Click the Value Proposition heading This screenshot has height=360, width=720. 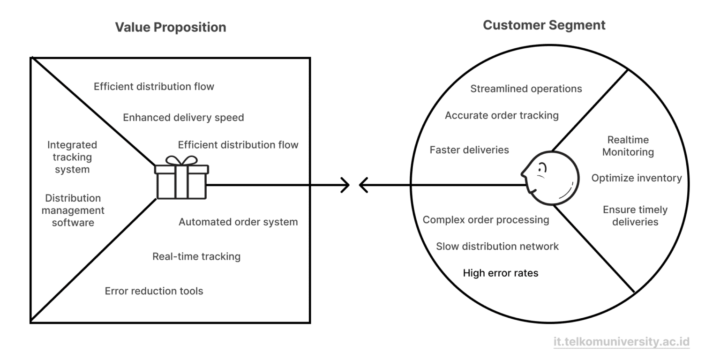pyautogui.click(x=171, y=27)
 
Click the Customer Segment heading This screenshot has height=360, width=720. pyautogui.click(x=544, y=25)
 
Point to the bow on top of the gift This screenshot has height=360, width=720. pyautogui.click(x=182, y=161)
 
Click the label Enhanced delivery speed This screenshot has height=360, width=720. pyautogui.click(x=183, y=117)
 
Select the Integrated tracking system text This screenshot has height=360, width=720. pyautogui.click(x=72, y=157)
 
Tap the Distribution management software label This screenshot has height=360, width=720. pyautogui.click(x=73, y=210)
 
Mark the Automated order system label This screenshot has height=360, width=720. pyautogui.click(x=238, y=222)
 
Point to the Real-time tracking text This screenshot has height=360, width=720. pyautogui.click(x=196, y=256)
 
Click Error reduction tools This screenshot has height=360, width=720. pyautogui.click(x=154, y=291)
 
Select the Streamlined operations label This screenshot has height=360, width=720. pyautogui.click(x=526, y=89)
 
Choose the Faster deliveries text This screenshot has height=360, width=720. pyautogui.click(x=469, y=150)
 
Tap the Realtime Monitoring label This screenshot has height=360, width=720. pyautogui.click(x=628, y=146)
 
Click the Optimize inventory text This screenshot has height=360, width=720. pyautogui.click(x=636, y=178)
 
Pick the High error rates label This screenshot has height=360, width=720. pyautogui.click(x=500, y=273)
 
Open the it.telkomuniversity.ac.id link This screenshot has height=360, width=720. pyautogui.click(x=621, y=342)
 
